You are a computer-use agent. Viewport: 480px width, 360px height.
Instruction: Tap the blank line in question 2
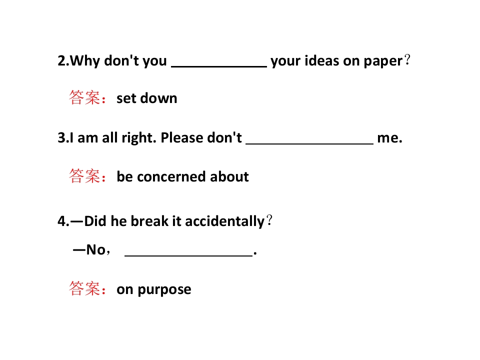pyautogui.click(x=219, y=66)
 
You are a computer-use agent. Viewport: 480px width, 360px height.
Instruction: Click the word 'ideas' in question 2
pyautogui.click(x=322, y=60)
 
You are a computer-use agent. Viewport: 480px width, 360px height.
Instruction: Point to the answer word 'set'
pyautogui.click(x=126, y=98)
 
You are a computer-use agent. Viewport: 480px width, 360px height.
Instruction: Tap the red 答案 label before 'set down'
pyautogui.click(x=84, y=97)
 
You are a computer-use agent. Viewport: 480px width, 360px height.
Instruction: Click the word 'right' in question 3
pyautogui.click(x=139, y=138)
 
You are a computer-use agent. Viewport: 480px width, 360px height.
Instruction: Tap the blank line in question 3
pyautogui.click(x=309, y=143)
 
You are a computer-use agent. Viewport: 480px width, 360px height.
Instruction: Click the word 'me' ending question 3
pyautogui.click(x=387, y=138)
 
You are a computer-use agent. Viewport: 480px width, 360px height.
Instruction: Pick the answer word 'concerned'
pyautogui.click(x=171, y=177)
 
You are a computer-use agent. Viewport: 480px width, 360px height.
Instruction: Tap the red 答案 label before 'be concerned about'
pyautogui.click(x=84, y=176)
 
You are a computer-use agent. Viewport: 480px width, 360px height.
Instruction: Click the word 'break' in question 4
pyautogui.click(x=149, y=221)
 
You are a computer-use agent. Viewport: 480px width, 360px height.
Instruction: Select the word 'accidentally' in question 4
pyautogui.click(x=224, y=221)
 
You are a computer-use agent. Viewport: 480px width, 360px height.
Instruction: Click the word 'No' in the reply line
pyautogui.click(x=96, y=250)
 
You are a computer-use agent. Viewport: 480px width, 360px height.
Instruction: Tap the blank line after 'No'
pyautogui.click(x=188, y=255)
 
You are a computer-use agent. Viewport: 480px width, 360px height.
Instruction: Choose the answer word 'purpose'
pyautogui.click(x=164, y=290)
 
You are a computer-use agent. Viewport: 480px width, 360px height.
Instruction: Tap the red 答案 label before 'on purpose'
pyautogui.click(x=84, y=288)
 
